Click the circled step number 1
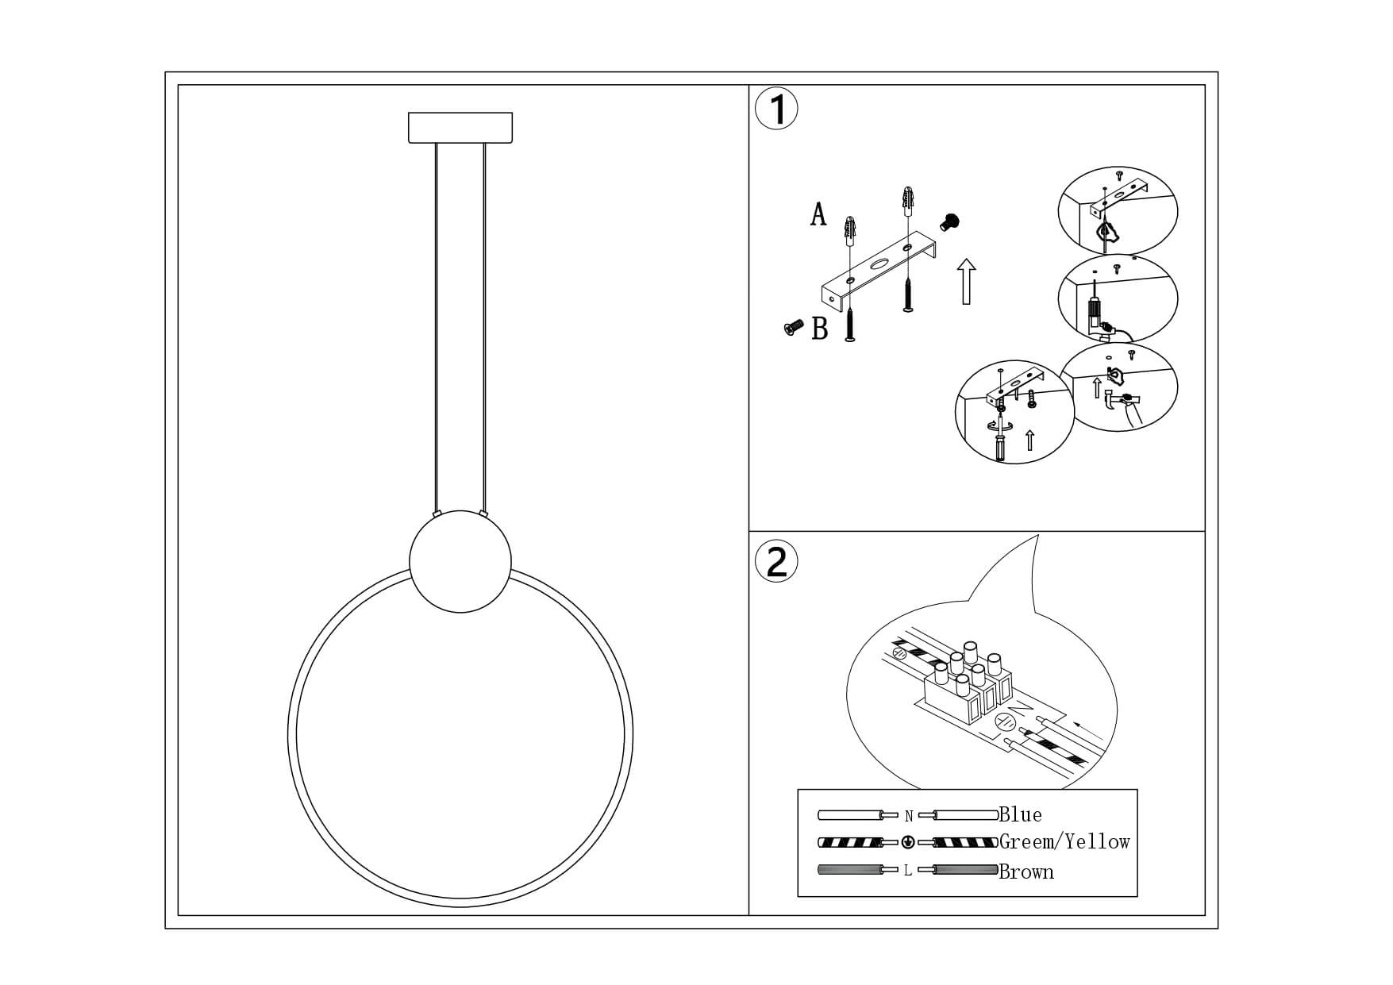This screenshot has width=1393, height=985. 776,110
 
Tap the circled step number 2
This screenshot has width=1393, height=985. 776,562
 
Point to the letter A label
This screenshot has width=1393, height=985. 818,214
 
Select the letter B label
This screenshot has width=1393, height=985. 820,329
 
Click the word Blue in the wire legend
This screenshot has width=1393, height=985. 1021,814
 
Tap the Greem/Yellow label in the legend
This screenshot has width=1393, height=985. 1064,842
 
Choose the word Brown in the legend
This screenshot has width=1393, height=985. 1026,871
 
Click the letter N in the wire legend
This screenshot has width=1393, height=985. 909,816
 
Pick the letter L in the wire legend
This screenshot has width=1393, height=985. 908,871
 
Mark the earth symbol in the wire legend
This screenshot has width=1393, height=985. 908,843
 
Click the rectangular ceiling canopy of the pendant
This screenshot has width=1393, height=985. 460,128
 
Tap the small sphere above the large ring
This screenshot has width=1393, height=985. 460,562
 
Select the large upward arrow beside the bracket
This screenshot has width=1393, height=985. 966,281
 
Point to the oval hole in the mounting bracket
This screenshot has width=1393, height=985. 879,265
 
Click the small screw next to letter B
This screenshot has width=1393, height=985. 793,326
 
